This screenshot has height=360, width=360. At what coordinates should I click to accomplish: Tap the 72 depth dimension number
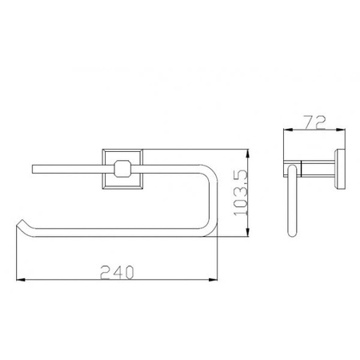[x=314, y=123]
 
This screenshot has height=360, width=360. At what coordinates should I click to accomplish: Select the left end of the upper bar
[x=33, y=170]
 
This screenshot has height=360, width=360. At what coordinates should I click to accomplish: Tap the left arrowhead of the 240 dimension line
[x=20, y=279]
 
